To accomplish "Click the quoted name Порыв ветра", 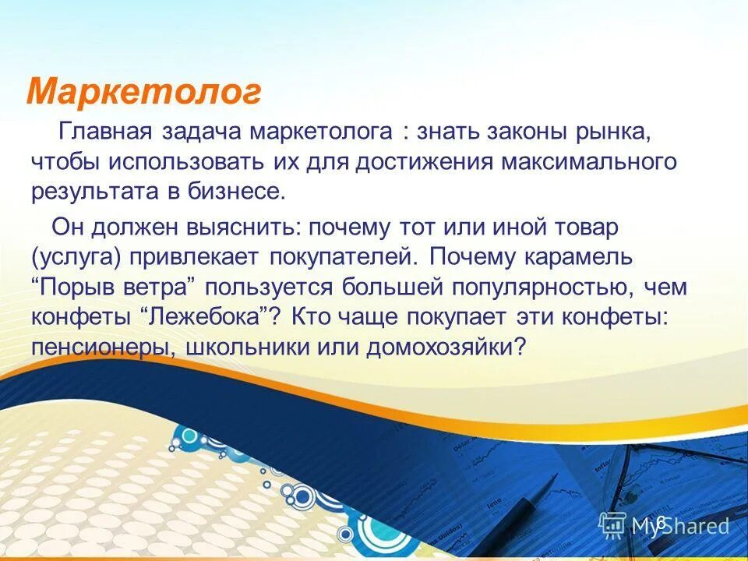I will click(x=116, y=287).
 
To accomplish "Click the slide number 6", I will click(x=662, y=522).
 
